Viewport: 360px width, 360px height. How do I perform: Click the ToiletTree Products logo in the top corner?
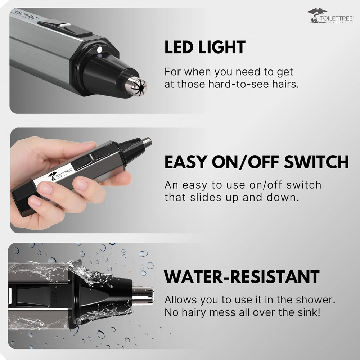point(330,16)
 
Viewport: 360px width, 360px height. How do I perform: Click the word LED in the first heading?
point(179,47)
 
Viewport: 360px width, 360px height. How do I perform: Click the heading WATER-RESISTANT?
point(242,277)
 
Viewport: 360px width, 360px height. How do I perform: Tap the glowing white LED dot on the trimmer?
point(100,49)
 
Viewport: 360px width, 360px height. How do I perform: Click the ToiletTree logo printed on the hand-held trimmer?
point(61,173)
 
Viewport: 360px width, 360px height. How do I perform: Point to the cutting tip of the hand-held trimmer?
point(147,142)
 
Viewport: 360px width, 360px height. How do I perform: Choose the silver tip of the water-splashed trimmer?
point(143,296)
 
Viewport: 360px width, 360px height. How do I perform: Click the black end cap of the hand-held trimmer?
point(22,200)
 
